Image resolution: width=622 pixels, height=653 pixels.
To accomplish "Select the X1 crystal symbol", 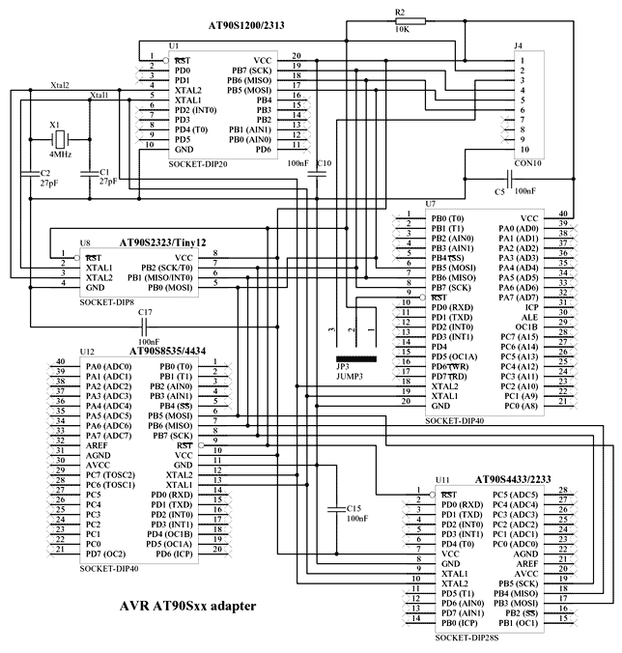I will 57,138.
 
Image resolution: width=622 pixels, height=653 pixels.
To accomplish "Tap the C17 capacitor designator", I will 147,312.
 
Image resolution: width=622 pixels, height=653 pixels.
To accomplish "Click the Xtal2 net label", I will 60,86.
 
